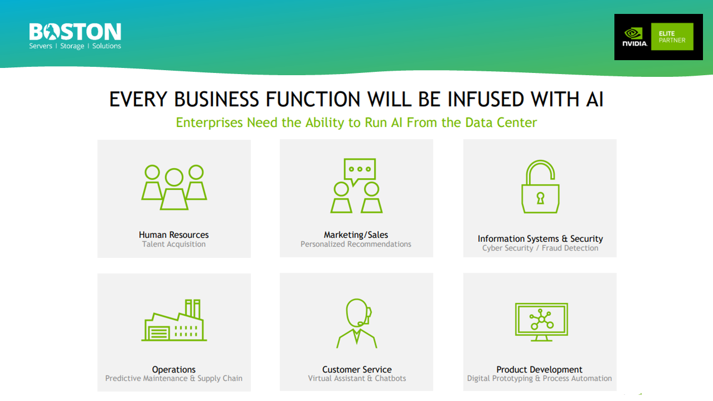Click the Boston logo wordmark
click(75, 32)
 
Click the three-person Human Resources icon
click(174, 187)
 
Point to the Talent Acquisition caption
click(174, 244)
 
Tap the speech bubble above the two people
click(360, 170)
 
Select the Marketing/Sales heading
click(356, 235)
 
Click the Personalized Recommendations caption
click(356, 244)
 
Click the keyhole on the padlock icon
click(540, 198)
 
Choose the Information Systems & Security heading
click(540, 239)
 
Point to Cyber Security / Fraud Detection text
click(540, 248)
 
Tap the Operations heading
click(174, 370)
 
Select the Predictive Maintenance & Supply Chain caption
click(174, 379)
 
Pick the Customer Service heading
click(356, 370)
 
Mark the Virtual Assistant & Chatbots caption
click(356, 379)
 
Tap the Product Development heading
click(539, 370)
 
